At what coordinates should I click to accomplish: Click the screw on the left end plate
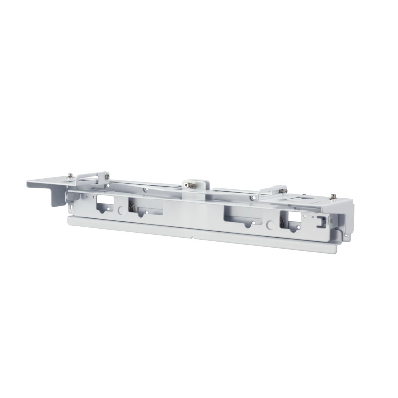70,176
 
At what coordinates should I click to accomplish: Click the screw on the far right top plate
333,196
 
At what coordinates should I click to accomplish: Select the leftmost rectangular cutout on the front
105,201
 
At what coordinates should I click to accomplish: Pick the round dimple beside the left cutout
121,211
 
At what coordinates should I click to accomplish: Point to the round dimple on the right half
270,225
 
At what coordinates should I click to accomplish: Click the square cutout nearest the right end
294,218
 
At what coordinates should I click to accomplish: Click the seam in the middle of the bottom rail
194,234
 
